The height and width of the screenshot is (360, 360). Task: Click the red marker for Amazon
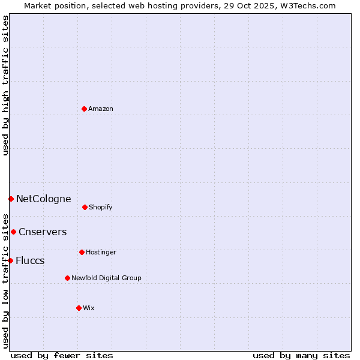pos(85,109)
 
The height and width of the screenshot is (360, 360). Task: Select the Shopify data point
pos(85,207)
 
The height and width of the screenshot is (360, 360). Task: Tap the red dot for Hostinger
pos(82,252)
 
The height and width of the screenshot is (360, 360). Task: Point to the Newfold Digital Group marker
pos(67,278)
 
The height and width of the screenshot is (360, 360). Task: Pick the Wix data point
pos(79,308)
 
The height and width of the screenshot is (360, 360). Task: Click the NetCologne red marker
pos(11,199)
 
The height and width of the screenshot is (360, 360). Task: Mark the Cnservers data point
pos(13,232)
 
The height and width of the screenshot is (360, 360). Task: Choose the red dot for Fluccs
pos(10,260)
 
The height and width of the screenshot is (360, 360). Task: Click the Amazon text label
pos(101,109)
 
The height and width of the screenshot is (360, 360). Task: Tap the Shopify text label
pos(101,207)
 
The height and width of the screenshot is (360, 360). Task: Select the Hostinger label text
pos(101,252)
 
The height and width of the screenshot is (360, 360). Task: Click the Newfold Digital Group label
pos(106,278)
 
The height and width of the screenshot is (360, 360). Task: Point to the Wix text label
pos(89,308)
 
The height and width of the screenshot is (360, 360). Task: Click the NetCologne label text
pos(43,199)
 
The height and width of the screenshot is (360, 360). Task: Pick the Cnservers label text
pos(43,232)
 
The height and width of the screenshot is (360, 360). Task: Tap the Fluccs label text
pos(30,260)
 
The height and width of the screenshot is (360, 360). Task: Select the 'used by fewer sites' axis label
pos(62,355)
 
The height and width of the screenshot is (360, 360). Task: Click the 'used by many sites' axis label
pos(301,355)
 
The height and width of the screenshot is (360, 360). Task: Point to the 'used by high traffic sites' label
pos(5,85)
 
